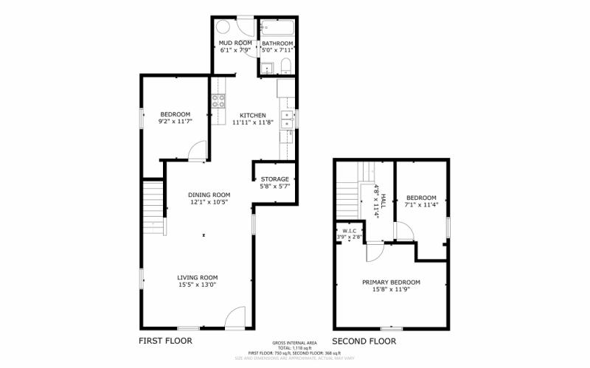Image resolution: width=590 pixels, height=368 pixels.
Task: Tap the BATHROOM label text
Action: pyautogui.click(x=277, y=44)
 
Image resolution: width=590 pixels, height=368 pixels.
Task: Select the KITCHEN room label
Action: pyautogui.click(x=252, y=115)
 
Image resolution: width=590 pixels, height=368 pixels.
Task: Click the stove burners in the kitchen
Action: pyautogui.click(x=218, y=102)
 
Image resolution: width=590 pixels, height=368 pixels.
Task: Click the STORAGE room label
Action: pyautogui.click(x=274, y=179)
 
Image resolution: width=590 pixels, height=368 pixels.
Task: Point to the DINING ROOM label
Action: pyautogui.click(x=209, y=195)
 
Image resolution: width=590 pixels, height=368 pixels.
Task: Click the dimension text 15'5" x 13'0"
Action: pyautogui.click(x=197, y=285)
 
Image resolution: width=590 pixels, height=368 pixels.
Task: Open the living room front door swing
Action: pyautogui.click(x=235, y=318)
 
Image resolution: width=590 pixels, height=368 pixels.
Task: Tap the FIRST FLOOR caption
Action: pyautogui.click(x=165, y=341)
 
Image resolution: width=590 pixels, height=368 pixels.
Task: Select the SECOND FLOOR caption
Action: pyautogui.click(x=364, y=341)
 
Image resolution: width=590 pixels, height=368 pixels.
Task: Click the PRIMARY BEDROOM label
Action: pyautogui.click(x=391, y=282)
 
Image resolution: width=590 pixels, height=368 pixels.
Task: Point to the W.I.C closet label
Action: pyautogui.click(x=349, y=231)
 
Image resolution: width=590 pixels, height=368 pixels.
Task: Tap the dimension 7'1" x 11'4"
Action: pyautogui.click(x=422, y=205)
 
